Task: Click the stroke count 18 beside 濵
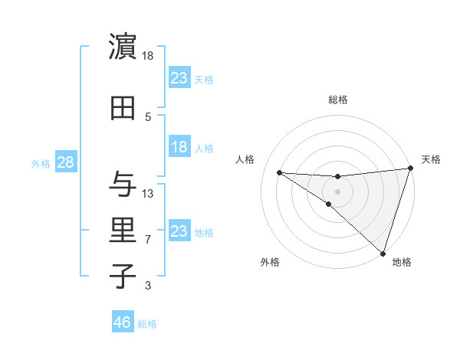pyautogui.click(x=148, y=56)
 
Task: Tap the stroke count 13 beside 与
pyautogui.click(x=148, y=194)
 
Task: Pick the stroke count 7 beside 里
pyautogui.click(x=148, y=240)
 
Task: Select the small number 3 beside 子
pyautogui.click(x=148, y=286)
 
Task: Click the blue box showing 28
pyautogui.click(x=65, y=163)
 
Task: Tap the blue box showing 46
pyautogui.click(x=123, y=322)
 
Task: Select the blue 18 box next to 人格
pyautogui.click(x=179, y=148)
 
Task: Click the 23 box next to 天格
pyautogui.click(x=179, y=78)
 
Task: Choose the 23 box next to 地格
pyautogui.click(x=179, y=231)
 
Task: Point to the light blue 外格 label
pyautogui.click(x=41, y=164)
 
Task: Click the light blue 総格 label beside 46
pyautogui.click(x=147, y=324)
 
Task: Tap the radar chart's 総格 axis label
pyautogui.click(x=338, y=100)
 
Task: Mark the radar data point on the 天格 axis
pyautogui.click(x=410, y=169)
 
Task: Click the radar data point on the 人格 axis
pyautogui.click(x=279, y=172)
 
